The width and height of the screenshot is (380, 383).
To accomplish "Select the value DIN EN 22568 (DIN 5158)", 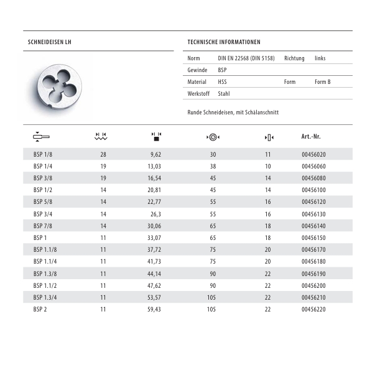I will coord(246,58).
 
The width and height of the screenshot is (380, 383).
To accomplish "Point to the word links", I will coord(320,58).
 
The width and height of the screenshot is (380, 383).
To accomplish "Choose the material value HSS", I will coord(223,82).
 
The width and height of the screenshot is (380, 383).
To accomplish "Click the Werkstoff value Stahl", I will coord(224,94).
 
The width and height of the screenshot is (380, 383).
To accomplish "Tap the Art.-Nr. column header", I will coord(311,137).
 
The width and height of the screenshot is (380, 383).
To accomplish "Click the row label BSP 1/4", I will coord(42,167).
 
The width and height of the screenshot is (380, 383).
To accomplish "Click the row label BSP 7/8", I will coord(42,226).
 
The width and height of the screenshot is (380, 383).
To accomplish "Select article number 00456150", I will coord(313,238).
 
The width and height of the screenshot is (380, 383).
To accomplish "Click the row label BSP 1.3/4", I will coord(45,298).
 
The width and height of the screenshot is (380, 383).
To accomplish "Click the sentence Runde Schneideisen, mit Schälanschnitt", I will coord(233,113).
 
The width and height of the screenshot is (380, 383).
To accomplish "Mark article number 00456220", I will coord(313,310).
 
